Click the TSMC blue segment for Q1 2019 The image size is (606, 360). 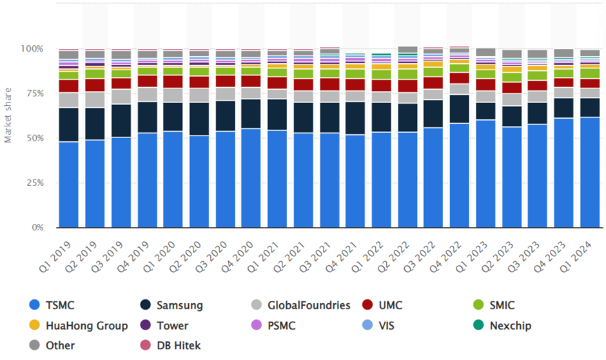click(69, 185)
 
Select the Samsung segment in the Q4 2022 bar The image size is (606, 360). click(459, 109)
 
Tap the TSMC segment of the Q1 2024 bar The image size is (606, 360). click(590, 172)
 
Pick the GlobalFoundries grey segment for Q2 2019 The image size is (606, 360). click(95, 99)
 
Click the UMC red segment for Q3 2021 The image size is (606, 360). click(329, 85)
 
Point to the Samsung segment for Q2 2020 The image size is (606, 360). click(199, 119)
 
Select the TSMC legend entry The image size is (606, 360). click(52, 305)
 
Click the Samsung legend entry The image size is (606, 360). click(171, 305)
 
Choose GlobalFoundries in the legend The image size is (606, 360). click(300, 305)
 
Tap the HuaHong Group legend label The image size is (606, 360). click(87, 326)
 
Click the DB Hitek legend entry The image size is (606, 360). click(170, 345)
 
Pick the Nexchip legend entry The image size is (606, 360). click(502, 326)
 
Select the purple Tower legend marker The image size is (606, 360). click(145, 325)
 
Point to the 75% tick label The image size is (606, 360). click(35, 94)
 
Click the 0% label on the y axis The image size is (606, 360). click(37, 228)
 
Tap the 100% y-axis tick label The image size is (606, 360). click(32, 49)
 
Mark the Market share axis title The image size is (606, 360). click(8, 115)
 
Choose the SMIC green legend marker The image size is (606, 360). click(478, 305)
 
